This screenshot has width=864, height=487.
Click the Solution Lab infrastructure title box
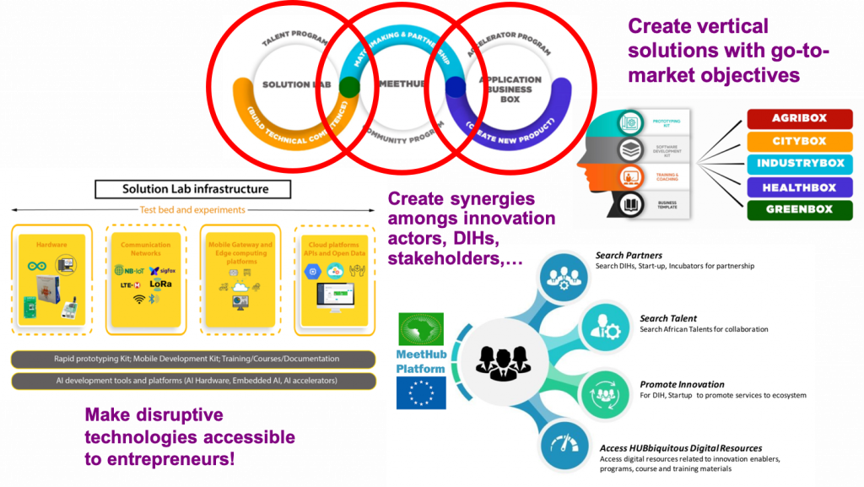coord(194,189)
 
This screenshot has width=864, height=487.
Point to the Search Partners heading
coord(629,255)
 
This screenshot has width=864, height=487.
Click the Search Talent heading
coord(668,318)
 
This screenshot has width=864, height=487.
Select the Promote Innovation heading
coord(683,384)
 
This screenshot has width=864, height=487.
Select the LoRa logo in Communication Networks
coord(160,285)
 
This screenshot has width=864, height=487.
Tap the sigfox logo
coord(161,271)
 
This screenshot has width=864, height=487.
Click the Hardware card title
coord(51,245)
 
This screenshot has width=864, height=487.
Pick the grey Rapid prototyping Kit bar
coord(194,359)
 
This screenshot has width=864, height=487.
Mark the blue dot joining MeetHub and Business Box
coord(456,87)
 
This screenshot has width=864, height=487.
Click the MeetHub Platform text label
coord(422,360)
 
